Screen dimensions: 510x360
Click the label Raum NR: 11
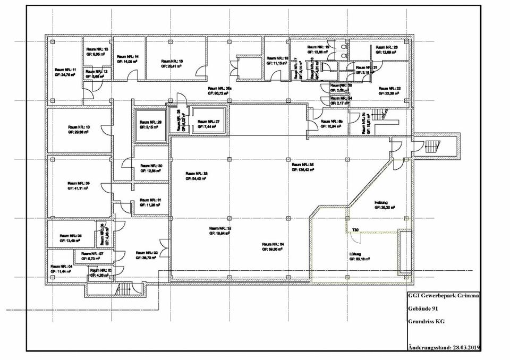pyautogui.click(x=67, y=70)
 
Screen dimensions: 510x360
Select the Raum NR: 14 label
pyautogui.click(x=128, y=56)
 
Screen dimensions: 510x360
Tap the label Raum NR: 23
pyautogui.click(x=387, y=47)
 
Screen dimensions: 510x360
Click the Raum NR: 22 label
pyautogui.click(x=389, y=88)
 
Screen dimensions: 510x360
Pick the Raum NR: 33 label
pyautogui.click(x=197, y=174)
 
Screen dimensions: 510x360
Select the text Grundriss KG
pyautogui.click(x=427, y=321)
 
